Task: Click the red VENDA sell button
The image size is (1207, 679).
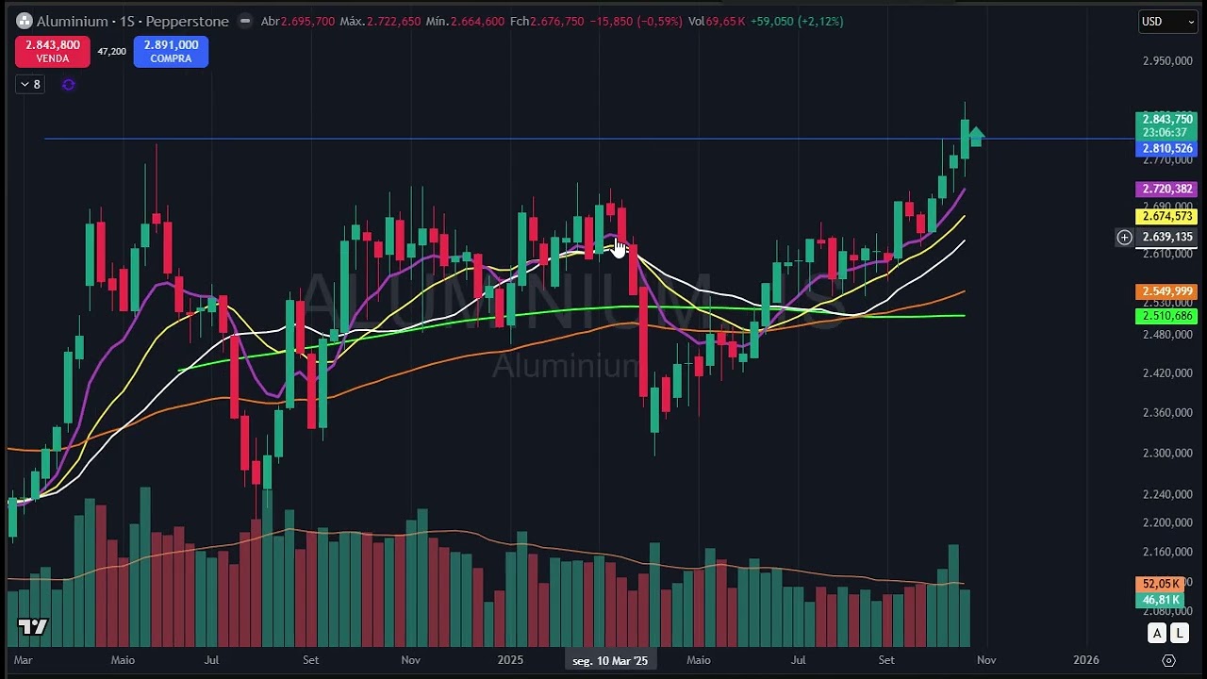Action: (52, 52)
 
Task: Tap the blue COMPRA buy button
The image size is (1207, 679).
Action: (171, 52)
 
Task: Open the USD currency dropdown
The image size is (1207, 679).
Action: (1167, 22)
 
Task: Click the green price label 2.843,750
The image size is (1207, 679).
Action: (1166, 120)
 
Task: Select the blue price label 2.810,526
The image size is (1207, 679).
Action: (1166, 149)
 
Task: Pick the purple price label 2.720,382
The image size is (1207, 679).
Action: (1166, 190)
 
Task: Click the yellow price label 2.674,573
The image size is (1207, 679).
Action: (1166, 217)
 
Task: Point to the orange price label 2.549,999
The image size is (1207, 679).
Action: (1166, 292)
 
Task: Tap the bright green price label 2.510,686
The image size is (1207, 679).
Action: (1166, 317)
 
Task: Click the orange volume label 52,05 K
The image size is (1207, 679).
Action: (1161, 585)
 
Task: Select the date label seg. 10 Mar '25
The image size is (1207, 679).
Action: (610, 660)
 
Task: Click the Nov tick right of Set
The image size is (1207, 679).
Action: (985, 660)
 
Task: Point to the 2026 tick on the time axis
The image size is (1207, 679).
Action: (1085, 660)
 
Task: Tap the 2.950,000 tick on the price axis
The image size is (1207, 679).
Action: (1167, 61)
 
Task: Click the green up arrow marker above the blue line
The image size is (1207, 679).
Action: (975, 137)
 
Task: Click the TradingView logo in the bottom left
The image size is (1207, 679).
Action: (32, 627)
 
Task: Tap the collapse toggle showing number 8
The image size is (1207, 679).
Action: (30, 85)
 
